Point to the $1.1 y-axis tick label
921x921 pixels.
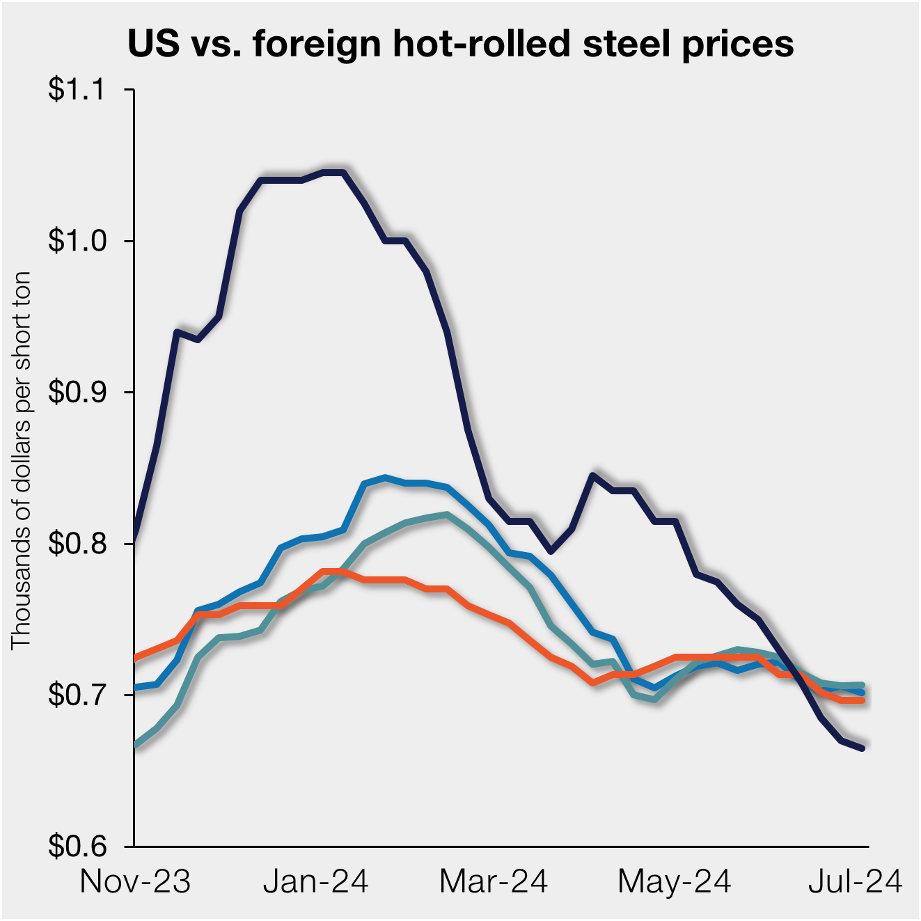pos(77,90)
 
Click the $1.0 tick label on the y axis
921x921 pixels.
pos(77,241)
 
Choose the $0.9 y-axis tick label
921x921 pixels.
pos(77,392)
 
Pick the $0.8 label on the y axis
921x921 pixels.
pos(77,543)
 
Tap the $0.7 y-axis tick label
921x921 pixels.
pos(77,695)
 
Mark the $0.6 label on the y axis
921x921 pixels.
pos(77,846)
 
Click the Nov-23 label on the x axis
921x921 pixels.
pos(135,882)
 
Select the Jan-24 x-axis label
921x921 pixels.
pos(315,882)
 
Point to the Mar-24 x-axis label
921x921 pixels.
pos(494,882)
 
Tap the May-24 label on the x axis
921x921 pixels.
pos(674,882)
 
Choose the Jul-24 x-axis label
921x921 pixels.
pos(854,882)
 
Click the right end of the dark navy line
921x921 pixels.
pos(863,748)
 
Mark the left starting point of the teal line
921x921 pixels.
pos(134,745)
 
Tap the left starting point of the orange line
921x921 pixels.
pos(134,658)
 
